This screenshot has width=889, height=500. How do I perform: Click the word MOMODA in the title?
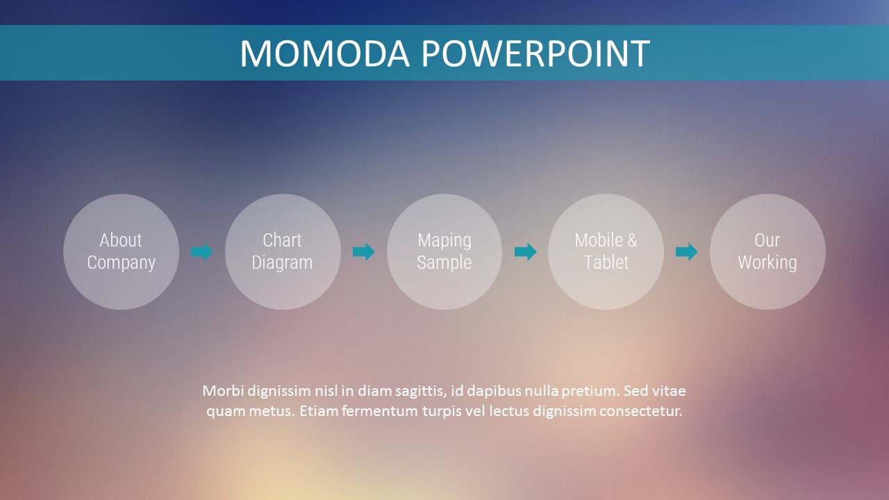(x=324, y=53)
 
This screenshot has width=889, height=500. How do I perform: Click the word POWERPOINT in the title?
(x=535, y=53)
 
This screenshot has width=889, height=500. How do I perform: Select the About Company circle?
(x=121, y=251)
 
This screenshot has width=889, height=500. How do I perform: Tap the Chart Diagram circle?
(x=283, y=251)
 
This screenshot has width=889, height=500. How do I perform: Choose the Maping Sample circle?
(x=444, y=251)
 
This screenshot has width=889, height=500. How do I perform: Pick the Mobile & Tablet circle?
(x=606, y=251)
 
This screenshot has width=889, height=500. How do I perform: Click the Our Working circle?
(x=767, y=251)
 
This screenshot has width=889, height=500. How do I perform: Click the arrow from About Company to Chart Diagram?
(x=201, y=251)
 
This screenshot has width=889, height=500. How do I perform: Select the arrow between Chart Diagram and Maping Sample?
(x=363, y=251)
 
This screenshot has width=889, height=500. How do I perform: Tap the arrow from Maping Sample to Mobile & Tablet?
(x=526, y=251)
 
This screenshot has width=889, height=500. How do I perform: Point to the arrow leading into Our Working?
(x=687, y=251)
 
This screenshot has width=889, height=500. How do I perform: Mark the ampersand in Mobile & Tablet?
(x=632, y=240)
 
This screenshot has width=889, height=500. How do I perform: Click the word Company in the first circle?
(x=121, y=263)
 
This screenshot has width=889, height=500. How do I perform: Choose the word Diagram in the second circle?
(x=282, y=263)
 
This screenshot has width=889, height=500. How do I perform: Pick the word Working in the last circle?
(x=767, y=263)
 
